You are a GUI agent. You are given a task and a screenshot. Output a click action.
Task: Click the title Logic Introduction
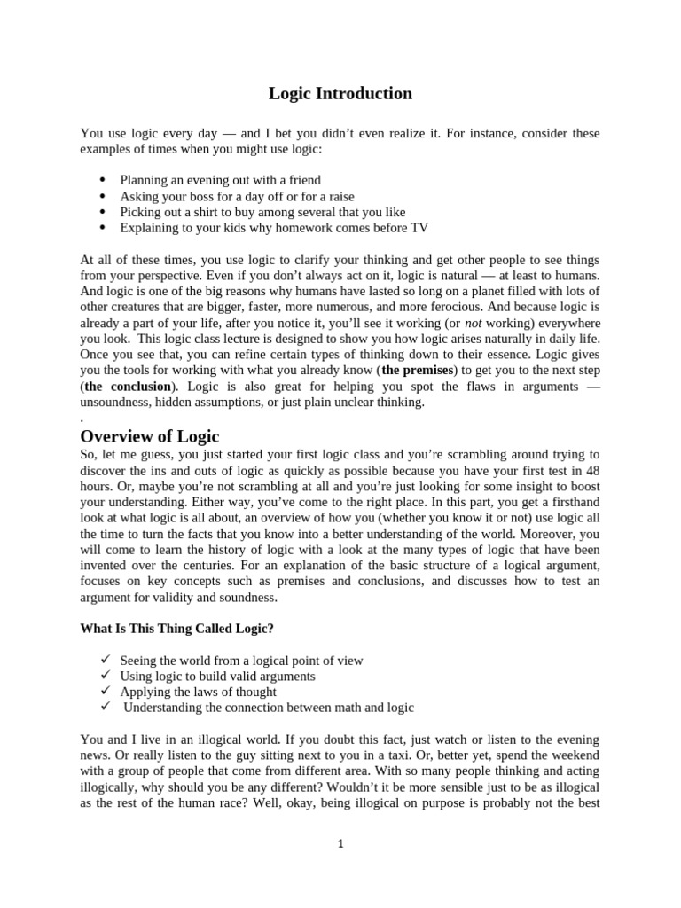click(340, 93)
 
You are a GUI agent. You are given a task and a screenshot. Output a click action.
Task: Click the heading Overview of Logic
click(149, 435)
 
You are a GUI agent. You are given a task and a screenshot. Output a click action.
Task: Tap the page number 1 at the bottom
click(340, 843)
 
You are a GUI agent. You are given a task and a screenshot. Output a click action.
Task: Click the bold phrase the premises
click(418, 370)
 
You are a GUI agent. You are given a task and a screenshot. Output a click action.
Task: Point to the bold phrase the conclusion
click(127, 387)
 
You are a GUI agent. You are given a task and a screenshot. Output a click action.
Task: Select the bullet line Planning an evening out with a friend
click(220, 180)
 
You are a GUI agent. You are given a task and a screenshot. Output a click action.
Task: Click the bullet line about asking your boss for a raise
click(237, 196)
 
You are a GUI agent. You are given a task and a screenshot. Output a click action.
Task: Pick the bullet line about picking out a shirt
click(262, 212)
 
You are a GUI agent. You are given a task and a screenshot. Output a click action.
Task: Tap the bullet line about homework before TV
click(274, 228)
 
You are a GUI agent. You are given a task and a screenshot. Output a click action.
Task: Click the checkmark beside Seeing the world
click(104, 660)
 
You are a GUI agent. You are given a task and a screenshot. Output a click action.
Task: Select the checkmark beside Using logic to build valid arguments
click(104, 676)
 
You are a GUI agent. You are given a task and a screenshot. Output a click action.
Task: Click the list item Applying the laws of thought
click(198, 692)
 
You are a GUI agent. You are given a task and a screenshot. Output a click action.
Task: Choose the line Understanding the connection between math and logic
click(268, 708)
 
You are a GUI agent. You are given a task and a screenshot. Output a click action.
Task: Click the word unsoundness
click(117, 403)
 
